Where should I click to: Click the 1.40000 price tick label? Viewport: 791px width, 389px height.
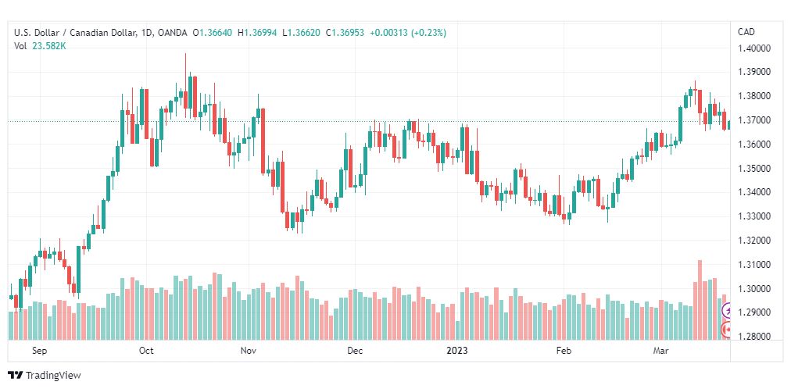[755, 48]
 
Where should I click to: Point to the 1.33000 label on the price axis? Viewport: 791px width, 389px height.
[755, 216]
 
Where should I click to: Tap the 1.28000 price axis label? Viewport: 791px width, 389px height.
[755, 337]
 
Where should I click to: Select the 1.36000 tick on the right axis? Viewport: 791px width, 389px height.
[755, 145]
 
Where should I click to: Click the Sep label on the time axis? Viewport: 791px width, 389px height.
[39, 351]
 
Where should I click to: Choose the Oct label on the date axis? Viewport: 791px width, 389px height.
[146, 351]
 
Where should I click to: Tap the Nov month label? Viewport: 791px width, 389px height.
[249, 351]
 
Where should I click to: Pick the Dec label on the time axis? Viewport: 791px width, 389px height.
[355, 351]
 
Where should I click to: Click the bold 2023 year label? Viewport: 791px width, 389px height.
[457, 351]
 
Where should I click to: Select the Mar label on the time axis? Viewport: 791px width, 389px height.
[660, 351]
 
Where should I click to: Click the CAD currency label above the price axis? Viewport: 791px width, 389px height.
[746, 32]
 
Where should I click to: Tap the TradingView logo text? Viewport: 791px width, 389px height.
[53, 376]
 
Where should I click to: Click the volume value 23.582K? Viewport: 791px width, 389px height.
[49, 46]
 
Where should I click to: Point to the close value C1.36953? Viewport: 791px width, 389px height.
[345, 33]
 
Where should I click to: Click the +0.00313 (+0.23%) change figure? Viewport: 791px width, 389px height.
[408, 33]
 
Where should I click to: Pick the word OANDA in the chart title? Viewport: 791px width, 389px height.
[173, 33]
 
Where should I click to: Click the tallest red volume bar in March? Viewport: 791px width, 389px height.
[700, 300]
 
